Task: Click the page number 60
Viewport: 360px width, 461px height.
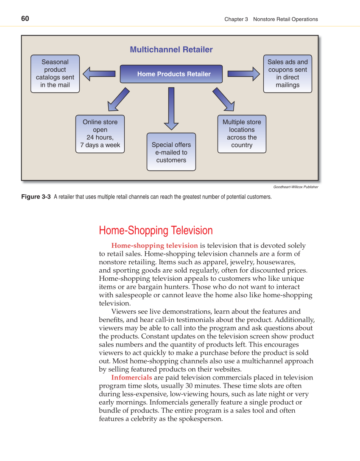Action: [25, 19]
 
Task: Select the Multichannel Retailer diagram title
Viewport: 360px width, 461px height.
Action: [171, 50]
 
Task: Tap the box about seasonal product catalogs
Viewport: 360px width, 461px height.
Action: [55, 73]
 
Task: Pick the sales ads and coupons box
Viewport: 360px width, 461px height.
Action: [287, 73]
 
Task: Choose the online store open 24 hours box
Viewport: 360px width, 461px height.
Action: [100, 134]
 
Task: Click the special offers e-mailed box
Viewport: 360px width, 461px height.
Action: [171, 152]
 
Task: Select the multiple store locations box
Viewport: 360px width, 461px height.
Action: [242, 134]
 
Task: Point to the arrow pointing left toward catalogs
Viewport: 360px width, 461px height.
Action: [99, 74]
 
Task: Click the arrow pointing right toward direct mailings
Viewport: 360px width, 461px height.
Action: [243, 74]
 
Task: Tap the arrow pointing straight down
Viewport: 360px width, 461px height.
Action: [171, 108]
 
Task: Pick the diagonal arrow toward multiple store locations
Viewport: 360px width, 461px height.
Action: [223, 98]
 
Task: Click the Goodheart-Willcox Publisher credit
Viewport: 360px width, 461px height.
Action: [296, 187]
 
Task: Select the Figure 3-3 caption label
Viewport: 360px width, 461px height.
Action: [36, 197]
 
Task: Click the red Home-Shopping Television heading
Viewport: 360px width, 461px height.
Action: [156, 231]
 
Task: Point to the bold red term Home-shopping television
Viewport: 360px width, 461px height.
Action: [154, 246]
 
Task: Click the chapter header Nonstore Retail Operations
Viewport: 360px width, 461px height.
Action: [285, 19]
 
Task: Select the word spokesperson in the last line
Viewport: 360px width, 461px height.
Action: [201, 419]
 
